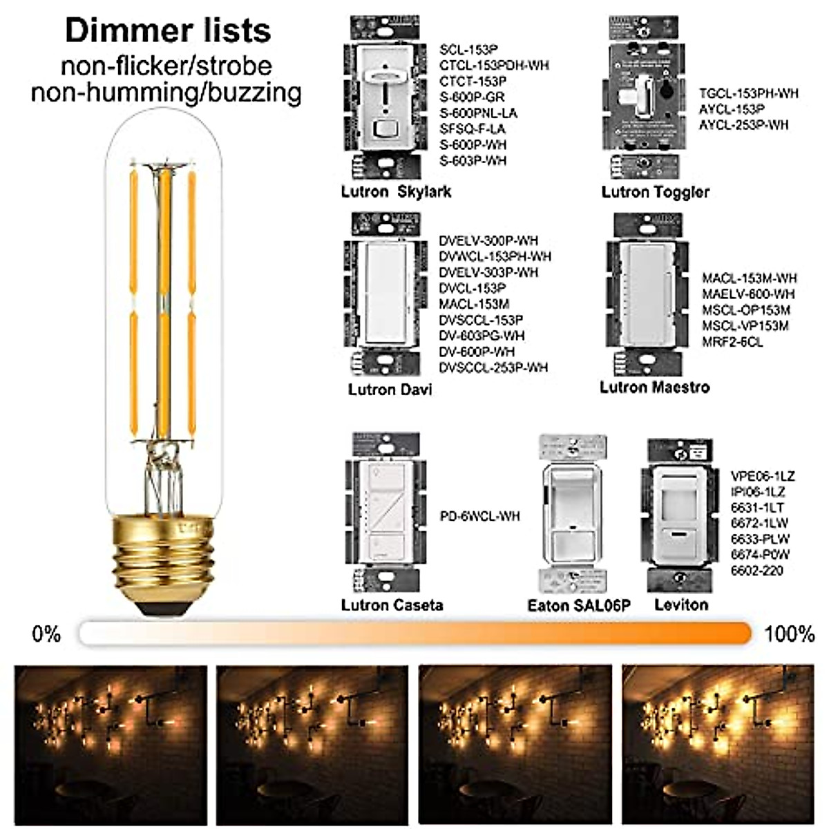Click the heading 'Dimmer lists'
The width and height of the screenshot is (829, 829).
click(x=167, y=31)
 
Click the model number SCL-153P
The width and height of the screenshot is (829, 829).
click(x=469, y=50)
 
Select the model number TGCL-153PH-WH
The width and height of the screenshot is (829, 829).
click(x=749, y=93)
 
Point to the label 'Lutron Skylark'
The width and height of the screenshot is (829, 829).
click(x=396, y=191)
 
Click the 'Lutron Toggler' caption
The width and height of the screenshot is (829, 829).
click(x=655, y=192)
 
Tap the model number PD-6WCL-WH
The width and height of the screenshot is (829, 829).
click(x=480, y=516)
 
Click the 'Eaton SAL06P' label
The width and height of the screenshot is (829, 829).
click(x=579, y=606)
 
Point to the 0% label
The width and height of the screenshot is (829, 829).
click(x=47, y=633)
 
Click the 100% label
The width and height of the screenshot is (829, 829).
click(x=789, y=633)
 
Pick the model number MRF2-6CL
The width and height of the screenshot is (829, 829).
click(x=732, y=342)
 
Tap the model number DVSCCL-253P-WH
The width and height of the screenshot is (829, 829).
click(x=493, y=368)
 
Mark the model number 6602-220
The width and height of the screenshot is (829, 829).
click(x=757, y=571)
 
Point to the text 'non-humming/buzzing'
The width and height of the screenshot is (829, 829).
click(x=166, y=93)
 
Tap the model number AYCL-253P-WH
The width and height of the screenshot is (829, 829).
click(x=743, y=125)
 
